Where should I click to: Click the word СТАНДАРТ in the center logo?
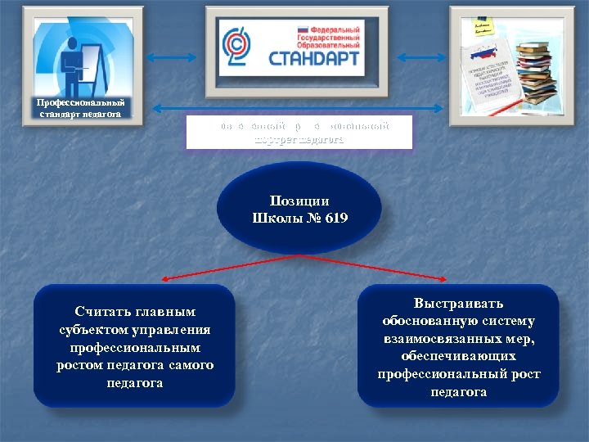315,60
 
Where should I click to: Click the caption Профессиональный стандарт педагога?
81,108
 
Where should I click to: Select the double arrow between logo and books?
419,57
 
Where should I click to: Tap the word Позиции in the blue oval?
299,200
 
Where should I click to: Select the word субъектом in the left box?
89,330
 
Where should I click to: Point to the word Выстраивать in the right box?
458,303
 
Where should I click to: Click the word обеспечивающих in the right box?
458,356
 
